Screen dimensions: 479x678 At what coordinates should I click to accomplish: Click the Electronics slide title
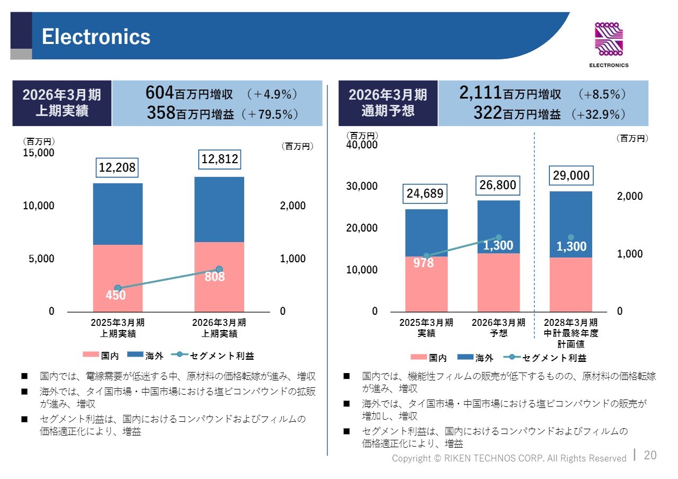point(96,37)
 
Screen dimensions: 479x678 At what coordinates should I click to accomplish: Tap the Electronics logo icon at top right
point(609,40)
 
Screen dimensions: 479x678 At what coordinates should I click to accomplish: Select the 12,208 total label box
point(118,168)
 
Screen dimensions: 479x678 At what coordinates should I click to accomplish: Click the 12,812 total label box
point(219,159)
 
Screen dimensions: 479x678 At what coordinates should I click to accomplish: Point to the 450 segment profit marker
point(118,288)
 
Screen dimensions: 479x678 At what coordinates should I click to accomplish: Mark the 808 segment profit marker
point(219,270)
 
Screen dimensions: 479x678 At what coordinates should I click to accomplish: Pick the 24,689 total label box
point(425,193)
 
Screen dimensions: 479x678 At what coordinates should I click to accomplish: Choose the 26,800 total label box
point(498,185)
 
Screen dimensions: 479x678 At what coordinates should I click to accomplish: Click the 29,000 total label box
point(571,175)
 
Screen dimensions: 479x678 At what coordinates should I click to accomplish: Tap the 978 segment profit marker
point(426,256)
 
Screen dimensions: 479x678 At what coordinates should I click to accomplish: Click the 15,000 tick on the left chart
point(38,153)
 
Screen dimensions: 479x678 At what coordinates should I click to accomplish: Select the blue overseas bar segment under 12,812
point(219,209)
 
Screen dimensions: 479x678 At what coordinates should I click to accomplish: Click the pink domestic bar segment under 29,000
point(571,285)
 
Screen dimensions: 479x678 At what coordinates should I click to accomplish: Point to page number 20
point(650,455)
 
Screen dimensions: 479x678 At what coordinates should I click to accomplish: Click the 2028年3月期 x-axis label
point(571,323)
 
